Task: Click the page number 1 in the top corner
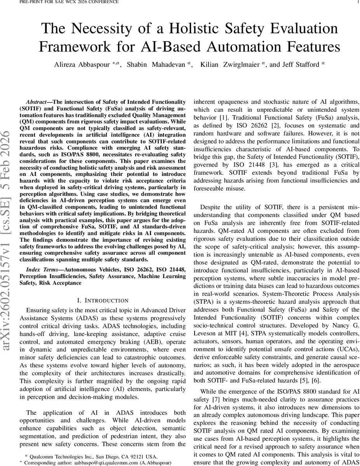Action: point(357,2)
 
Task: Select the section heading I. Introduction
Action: point(103,301)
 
